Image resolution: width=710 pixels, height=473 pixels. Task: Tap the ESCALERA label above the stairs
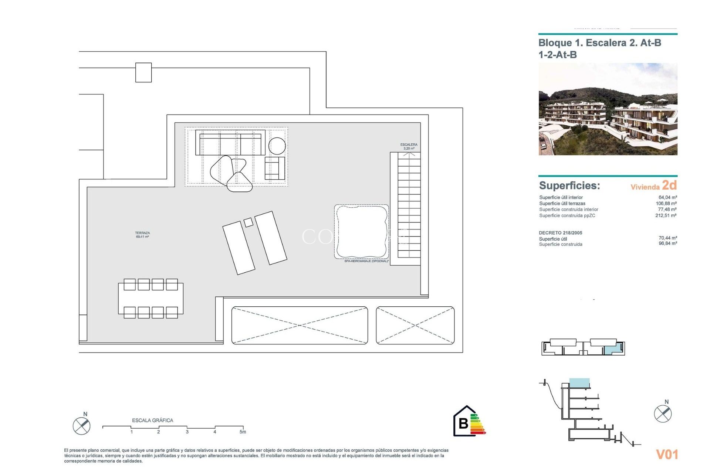point(409,144)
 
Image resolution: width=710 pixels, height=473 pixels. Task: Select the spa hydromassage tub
point(361,232)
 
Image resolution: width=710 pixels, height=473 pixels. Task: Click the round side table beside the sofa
point(277,146)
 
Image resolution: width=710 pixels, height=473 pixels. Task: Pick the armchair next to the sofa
point(275,168)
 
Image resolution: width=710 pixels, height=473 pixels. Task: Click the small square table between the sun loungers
point(248,222)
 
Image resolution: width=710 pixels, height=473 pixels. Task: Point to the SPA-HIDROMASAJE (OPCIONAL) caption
point(366,261)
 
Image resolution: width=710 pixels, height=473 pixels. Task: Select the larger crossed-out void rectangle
point(300,326)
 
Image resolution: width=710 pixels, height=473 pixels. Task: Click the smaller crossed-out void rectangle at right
point(415,326)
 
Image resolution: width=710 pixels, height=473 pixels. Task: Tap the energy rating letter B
point(463,423)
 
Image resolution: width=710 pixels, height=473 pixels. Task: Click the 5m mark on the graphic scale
point(243,432)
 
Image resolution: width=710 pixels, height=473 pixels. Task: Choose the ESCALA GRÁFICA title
point(152,420)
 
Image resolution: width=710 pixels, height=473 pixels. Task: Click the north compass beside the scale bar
point(81,426)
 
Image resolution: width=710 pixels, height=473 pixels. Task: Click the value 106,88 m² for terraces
point(666,203)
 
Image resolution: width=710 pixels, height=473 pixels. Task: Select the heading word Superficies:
point(569,186)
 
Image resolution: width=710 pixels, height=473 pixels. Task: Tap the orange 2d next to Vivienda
point(669,185)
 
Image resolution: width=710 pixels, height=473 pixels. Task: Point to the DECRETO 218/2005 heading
point(560,233)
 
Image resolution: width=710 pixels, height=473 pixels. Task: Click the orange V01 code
point(667,455)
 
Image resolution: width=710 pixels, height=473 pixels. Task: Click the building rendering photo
point(608,109)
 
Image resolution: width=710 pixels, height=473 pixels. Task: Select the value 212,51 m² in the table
point(666,215)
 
